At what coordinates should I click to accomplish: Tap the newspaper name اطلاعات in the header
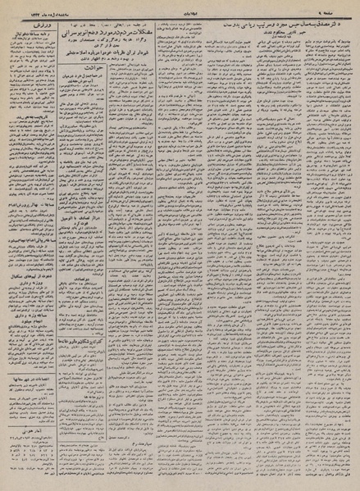[180, 6]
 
